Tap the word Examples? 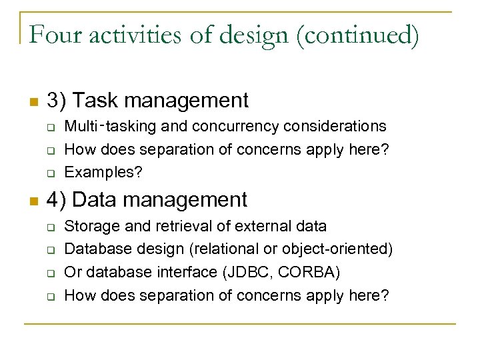tap(103, 172)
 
